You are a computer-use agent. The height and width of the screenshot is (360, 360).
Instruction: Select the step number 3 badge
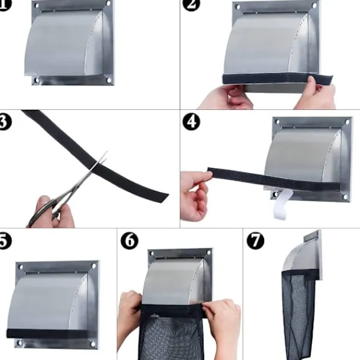[5, 122]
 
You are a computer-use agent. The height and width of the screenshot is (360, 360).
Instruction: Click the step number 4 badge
[191, 122]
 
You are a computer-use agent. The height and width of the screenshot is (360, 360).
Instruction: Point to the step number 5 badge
[5, 241]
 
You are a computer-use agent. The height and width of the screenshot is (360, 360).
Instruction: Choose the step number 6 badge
[129, 241]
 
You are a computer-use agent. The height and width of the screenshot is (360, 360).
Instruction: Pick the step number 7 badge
[255, 241]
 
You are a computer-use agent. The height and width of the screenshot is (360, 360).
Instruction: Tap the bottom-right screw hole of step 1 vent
[109, 78]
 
